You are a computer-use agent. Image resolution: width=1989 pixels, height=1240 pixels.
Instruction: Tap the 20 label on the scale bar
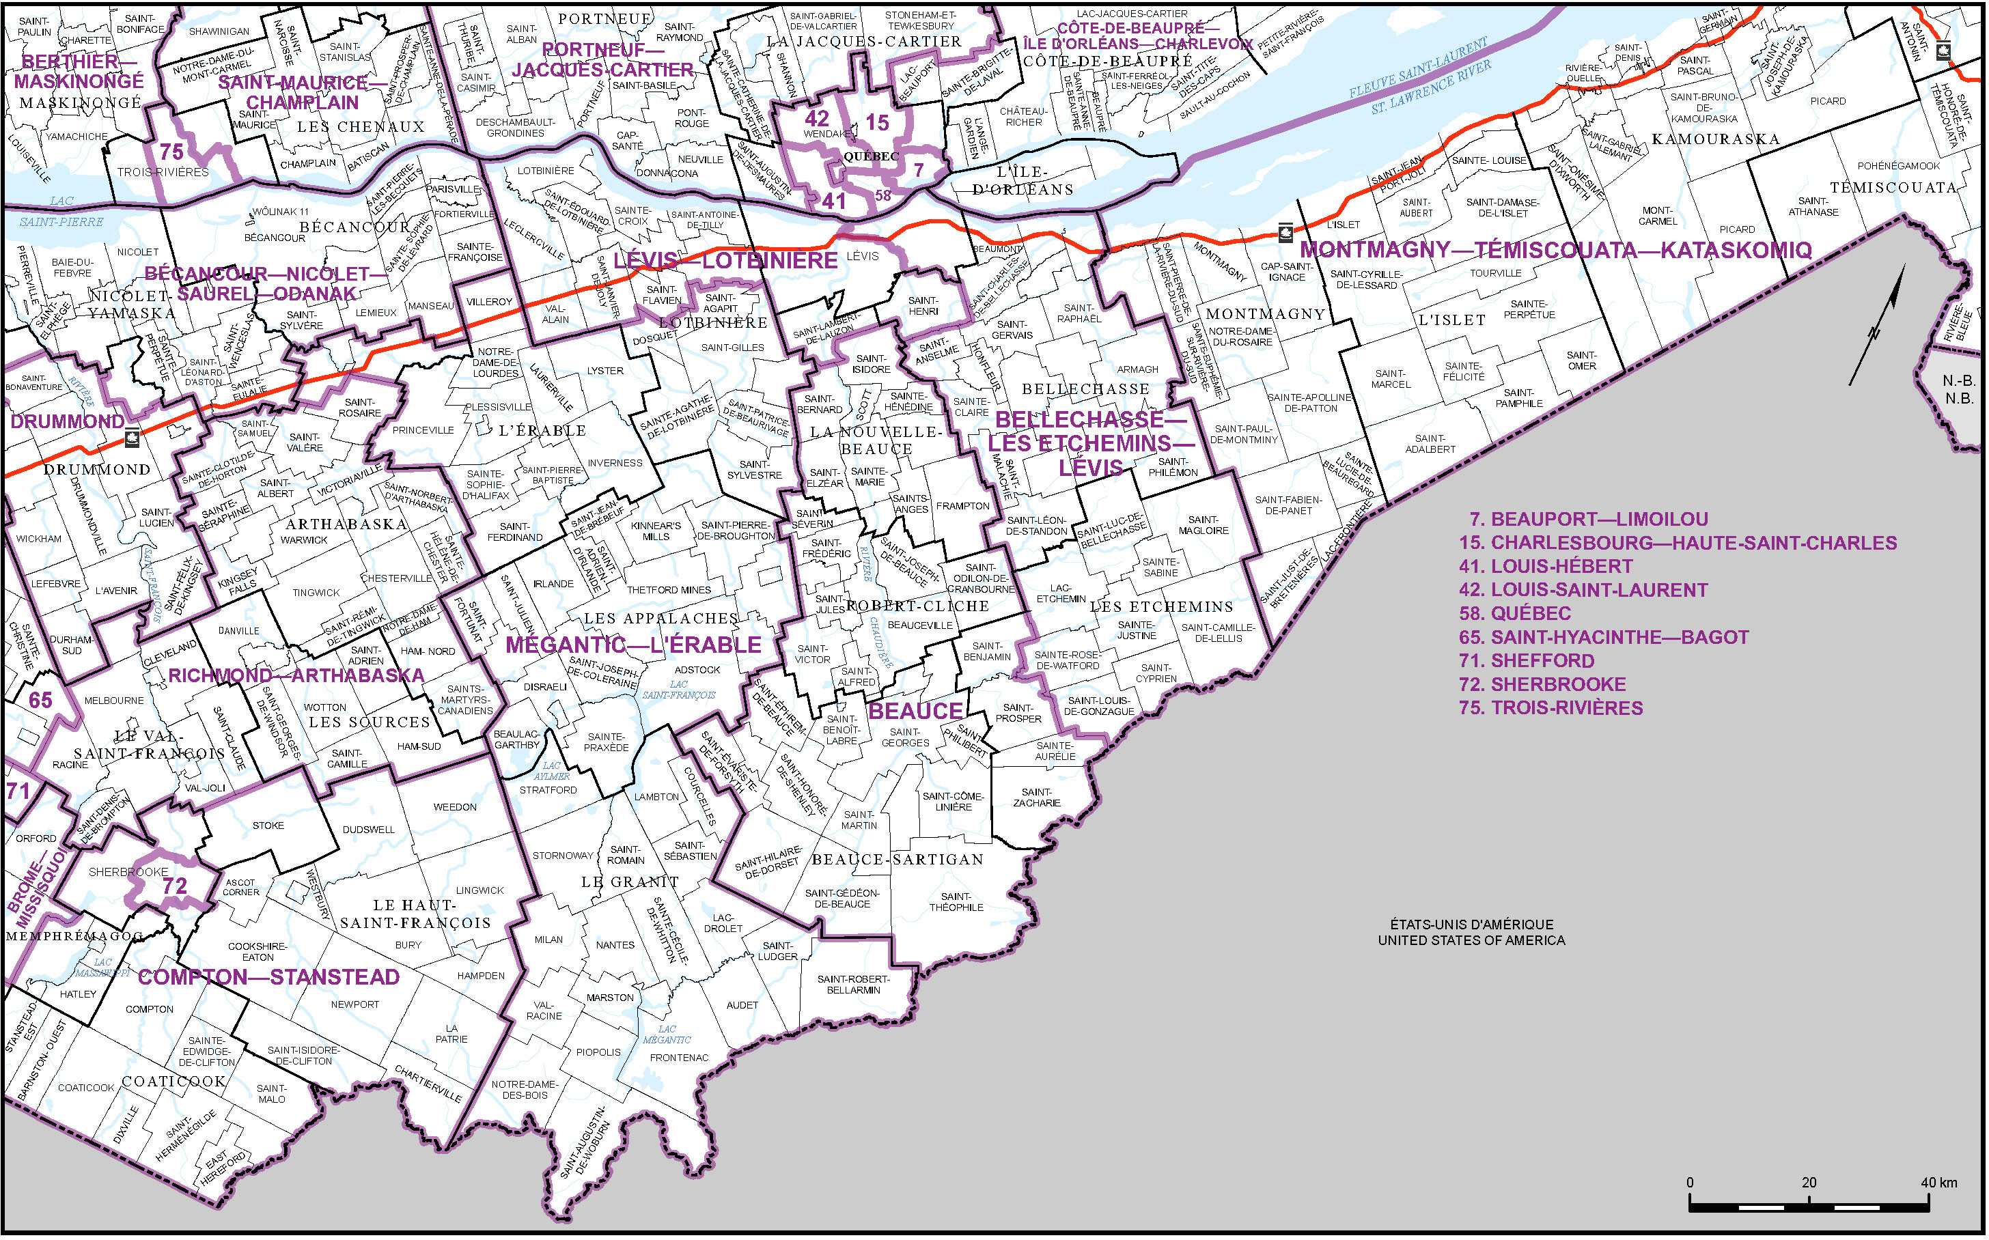coord(1809,1182)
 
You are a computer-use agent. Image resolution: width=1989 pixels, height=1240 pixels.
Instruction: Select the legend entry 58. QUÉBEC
coord(1514,613)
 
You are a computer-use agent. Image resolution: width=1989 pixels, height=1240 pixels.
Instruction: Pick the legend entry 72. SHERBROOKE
coord(1542,684)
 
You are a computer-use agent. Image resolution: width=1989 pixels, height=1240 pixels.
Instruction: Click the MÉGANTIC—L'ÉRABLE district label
coord(633,645)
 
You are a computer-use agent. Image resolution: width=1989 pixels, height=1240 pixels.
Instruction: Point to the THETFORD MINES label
coord(669,590)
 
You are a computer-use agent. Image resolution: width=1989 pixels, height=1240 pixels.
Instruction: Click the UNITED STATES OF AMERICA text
coord(1471,940)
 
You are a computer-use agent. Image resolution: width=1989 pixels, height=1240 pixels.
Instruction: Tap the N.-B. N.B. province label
coord(1959,390)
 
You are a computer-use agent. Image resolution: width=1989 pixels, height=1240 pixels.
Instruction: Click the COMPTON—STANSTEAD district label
coord(268,976)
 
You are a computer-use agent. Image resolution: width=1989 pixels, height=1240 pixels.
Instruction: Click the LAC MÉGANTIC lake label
coord(667,1034)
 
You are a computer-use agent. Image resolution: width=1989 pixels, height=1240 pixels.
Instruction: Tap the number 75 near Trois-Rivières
coord(171,152)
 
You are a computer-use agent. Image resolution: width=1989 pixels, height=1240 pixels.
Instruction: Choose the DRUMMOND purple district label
coord(67,421)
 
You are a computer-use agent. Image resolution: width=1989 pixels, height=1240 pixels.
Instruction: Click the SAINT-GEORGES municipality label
coord(905,737)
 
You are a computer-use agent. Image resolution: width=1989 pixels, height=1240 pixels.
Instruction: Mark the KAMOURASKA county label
coord(1715,139)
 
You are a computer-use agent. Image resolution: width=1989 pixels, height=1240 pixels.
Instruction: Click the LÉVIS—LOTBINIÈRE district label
coord(725,261)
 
